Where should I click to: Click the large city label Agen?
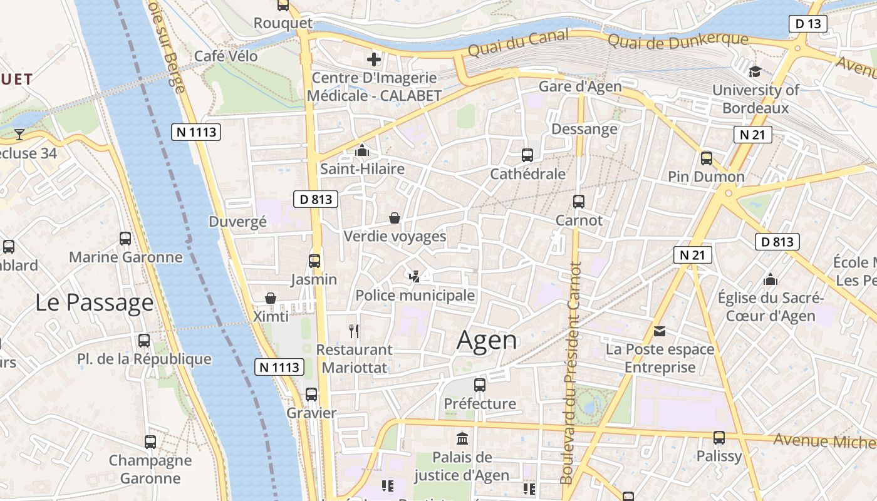(487, 340)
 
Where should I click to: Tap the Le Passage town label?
(94, 302)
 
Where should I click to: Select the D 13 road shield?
(807, 24)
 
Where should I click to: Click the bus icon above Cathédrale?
(527, 155)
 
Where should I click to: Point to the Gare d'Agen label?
(580, 86)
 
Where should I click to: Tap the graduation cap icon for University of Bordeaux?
(755, 71)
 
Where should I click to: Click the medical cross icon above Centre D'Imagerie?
(374, 59)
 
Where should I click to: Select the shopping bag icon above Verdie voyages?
(395, 218)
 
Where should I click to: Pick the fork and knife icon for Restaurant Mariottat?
(354, 331)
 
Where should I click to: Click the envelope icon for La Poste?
(660, 331)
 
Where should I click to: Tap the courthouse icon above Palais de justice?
(462, 438)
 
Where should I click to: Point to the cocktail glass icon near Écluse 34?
(19, 134)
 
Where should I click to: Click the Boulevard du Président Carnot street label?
(571, 373)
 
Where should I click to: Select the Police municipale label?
(415, 295)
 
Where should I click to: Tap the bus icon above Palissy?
(719, 437)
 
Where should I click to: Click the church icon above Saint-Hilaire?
(362, 150)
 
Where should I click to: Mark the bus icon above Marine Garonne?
(125, 238)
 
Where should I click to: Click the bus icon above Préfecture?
(480, 385)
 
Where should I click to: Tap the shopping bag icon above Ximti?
(271, 297)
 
